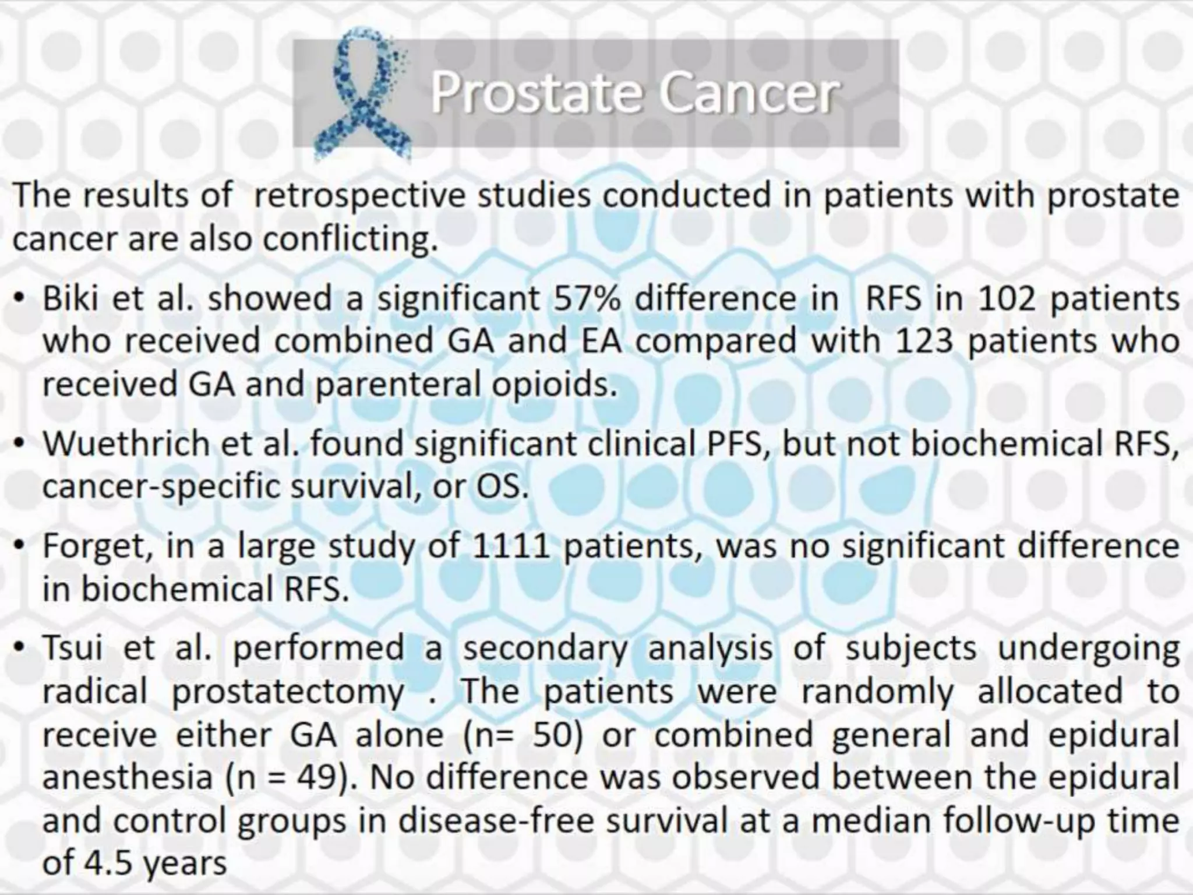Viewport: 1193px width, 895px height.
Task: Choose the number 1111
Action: pyautogui.click(x=510, y=547)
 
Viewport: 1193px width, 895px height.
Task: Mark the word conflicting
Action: pyautogui.click(x=350, y=239)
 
